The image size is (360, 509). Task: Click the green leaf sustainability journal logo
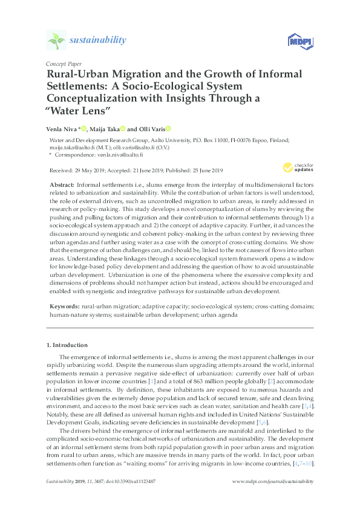(56, 41)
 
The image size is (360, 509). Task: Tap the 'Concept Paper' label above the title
(64, 63)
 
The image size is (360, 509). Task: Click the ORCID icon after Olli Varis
(169, 128)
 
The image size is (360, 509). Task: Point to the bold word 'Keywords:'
(64, 307)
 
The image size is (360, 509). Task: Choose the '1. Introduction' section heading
(67, 345)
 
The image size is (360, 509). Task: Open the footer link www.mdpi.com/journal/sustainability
(273, 482)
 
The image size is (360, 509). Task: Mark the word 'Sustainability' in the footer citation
(60, 482)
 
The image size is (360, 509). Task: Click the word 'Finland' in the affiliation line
(278, 138)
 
